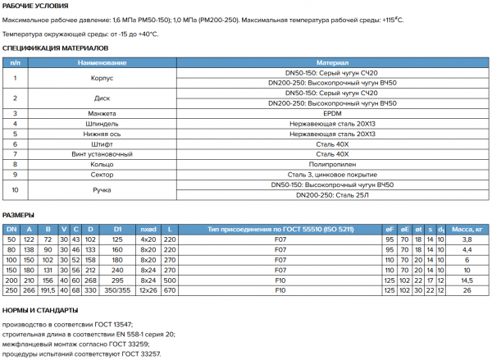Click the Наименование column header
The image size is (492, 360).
click(102, 62)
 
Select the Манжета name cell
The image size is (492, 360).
click(102, 113)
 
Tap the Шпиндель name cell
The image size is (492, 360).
click(102, 123)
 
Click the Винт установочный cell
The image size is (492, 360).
click(102, 154)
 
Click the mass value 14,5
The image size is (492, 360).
click(467, 279)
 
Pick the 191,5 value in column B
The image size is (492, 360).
click(48, 289)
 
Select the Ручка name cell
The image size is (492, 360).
click(102, 190)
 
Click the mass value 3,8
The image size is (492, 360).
click(467, 238)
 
